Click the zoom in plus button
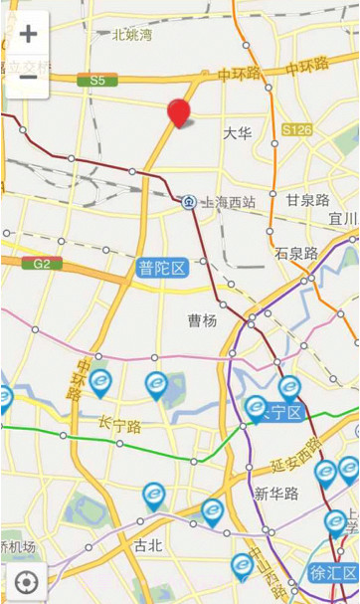click(x=28, y=34)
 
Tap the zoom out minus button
click(x=28, y=77)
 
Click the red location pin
click(x=179, y=113)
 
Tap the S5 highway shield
click(x=96, y=80)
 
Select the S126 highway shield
click(x=296, y=129)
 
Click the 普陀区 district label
click(x=162, y=268)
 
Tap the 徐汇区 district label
click(x=332, y=572)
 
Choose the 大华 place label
click(x=237, y=132)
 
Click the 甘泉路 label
click(x=307, y=200)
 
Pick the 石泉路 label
click(x=296, y=253)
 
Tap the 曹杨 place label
click(x=202, y=320)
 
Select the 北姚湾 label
click(x=132, y=35)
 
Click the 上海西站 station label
click(x=228, y=202)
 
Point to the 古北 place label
click(x=147, y=544)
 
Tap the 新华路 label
click(x=274, y=494)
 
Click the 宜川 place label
click(x=342, y=218)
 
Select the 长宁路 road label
click(x=119, y=425)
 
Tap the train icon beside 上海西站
click(x=188, y=202)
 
